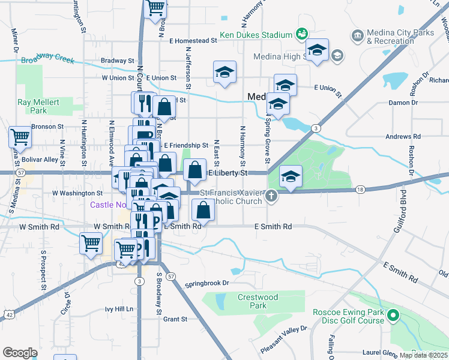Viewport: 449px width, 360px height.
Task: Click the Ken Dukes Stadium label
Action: click(256, 35)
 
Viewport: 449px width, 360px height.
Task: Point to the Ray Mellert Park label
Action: click(38, 106)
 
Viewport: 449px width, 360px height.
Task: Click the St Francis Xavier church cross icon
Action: click(271, 196)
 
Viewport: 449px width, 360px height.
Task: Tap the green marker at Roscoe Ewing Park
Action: click(393, 315)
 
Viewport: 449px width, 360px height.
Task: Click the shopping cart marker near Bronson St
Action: click(20, 137)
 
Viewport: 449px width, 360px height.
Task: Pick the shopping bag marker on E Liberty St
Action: click(194, 170)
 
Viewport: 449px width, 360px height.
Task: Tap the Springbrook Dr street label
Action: click(207, 283)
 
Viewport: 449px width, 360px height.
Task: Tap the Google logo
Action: click(20, 353)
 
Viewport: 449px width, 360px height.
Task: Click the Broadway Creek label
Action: click(47, 59)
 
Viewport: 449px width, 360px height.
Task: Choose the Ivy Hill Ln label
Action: click(119, 309)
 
